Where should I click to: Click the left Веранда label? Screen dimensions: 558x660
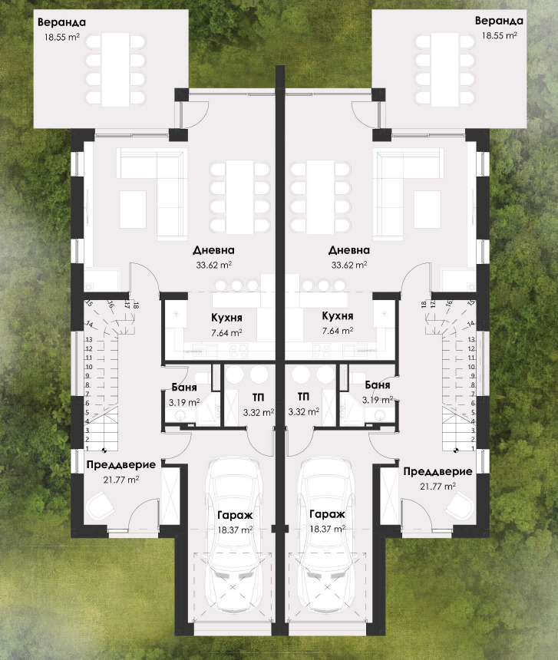click(61, 22)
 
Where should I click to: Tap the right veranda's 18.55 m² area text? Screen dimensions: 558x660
click(499, 36)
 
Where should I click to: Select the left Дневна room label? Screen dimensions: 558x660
click(213, 250)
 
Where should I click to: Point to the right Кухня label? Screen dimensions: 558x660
click(338, 315)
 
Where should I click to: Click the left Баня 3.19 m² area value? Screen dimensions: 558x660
click(184, 402)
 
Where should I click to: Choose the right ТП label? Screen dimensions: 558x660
click(303, 397)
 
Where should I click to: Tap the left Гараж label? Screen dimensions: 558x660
click(235, 515)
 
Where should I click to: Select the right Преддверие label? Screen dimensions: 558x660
click(437, 471)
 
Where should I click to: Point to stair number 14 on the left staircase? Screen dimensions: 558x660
click(89, 325)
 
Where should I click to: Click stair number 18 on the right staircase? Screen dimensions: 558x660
click(424, 304)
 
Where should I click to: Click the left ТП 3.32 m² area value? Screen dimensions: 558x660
click(259, 413)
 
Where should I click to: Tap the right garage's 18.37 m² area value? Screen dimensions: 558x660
click(328, 529)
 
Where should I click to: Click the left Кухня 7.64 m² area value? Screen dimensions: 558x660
click(226, 333)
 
